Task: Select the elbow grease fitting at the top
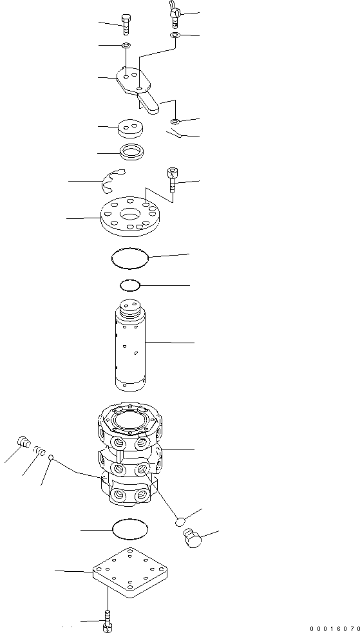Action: point(175,11)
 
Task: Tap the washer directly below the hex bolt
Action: point(126,46)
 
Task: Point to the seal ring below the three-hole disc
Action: point(131,153)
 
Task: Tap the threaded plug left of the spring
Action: point(24,442)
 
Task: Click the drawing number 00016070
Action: point(334,627)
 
